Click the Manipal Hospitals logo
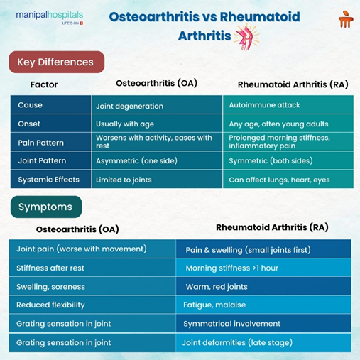[49, 18]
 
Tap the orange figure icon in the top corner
[345, 19]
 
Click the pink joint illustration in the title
[246, 36]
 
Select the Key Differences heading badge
[56, 62]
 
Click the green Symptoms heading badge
[45, 207]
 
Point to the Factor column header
[44, 84]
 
